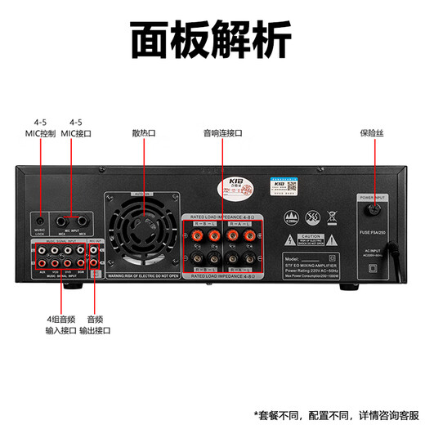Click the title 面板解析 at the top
tap(212, 37)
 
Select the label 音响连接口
tap(222, 132)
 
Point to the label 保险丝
tap(371, 132)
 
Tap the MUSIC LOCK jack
tap(39, 220)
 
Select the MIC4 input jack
tap(62, 220)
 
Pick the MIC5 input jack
tap(82, 220)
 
